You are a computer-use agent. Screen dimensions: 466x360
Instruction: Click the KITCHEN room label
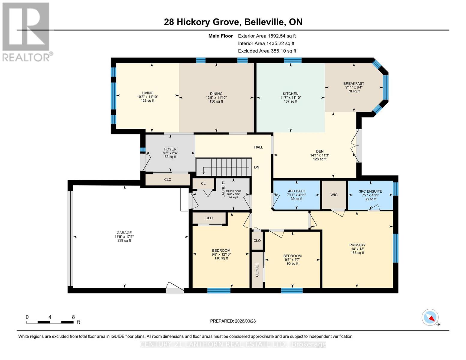(290, 94)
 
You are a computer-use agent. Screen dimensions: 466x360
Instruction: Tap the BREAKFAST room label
(354, 83)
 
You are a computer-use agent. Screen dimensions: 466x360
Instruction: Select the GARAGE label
(124, 232)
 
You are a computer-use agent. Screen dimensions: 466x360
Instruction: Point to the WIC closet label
(334, 195)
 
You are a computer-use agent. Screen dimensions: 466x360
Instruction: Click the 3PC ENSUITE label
(370, 191)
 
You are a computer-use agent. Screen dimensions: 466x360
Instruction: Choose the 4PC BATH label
(296, 191)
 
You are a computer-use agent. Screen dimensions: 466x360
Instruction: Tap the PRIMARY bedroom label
(357, 245)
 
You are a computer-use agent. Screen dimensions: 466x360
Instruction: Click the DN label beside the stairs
(257, 167)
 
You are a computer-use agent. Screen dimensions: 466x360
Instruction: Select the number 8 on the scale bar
(73, 317)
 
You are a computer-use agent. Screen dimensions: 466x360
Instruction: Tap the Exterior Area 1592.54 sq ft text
(267, 36)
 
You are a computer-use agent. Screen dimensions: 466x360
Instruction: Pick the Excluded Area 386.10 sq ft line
(267, 51)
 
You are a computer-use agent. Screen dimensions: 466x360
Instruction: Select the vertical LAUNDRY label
(223, 189)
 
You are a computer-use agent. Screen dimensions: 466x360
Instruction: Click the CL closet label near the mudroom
(203, 183)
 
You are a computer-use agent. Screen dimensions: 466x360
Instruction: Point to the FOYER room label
(170, 149)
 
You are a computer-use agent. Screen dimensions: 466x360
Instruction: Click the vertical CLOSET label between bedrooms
(257, 270)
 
